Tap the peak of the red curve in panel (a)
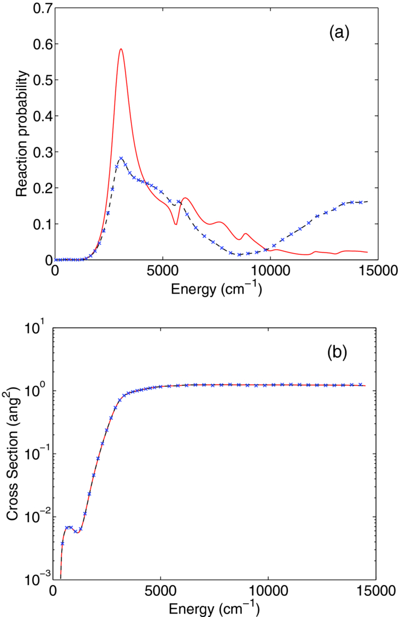121,49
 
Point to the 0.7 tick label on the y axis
41,8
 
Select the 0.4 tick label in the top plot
41,116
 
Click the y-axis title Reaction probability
22,134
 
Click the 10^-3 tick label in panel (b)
38,579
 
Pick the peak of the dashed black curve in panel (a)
121,158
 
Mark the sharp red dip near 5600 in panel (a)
175,224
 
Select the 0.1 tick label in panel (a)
41,224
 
